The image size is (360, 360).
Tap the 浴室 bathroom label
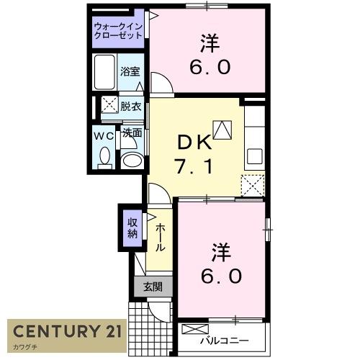(130, 72)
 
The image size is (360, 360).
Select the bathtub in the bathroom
(105, 72)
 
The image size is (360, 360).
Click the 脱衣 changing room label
(130, 105)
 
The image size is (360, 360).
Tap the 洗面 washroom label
(130, 133)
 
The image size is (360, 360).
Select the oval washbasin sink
(132, 159)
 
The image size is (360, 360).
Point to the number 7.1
(193, 168)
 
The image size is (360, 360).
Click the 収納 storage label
(133, 228)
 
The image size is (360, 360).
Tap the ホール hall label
(160, 235)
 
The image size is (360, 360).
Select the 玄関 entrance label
(152, 287)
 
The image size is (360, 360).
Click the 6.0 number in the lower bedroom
(221, 276)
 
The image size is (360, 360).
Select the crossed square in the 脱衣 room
(109, 105)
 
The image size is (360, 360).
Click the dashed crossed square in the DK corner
(253, 185)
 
